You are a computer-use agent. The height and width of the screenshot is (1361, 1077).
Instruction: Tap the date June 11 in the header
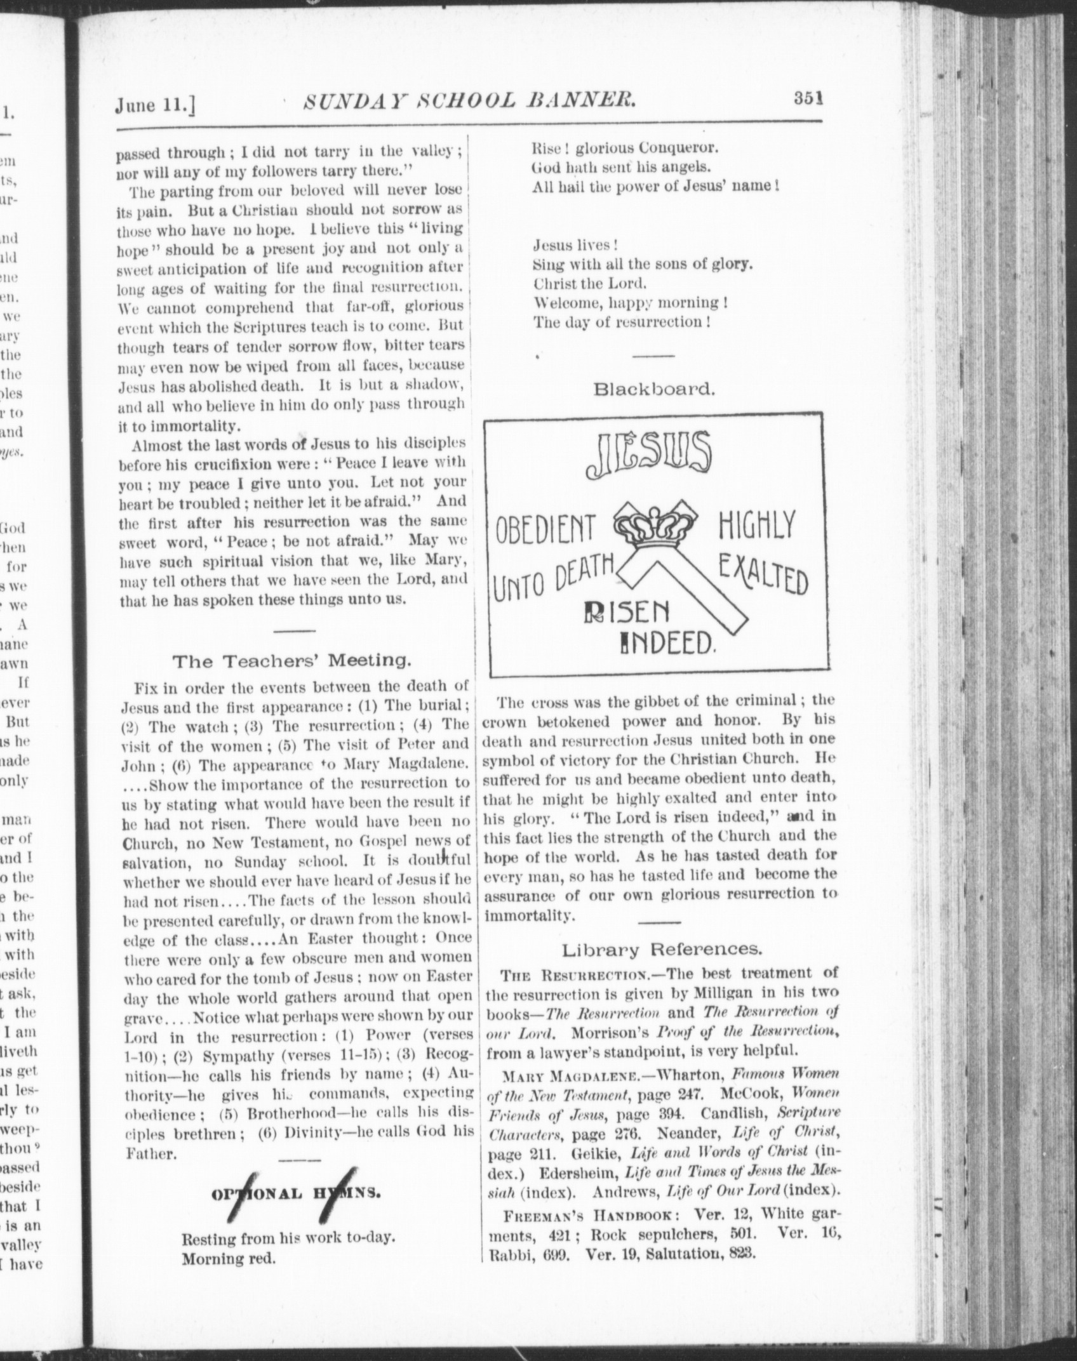pyautogui.click(x=154, y=104)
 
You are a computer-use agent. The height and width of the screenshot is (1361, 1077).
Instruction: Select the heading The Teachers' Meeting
pyautogui.click(x=292, y=661)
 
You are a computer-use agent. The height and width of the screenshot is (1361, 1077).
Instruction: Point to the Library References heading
pyautogui.click(x=661, y=950)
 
